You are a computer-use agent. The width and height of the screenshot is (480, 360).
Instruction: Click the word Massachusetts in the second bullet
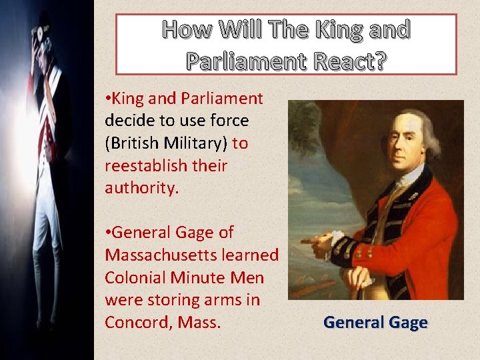(191, 255)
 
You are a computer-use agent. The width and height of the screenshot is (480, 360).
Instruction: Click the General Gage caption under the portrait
(375, 323)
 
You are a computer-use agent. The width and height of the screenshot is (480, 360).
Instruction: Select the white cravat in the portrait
(407, 175)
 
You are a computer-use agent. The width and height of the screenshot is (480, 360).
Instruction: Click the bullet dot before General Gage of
(108, 233)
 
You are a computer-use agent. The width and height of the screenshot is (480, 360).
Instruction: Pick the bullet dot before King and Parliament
(108, 99)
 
